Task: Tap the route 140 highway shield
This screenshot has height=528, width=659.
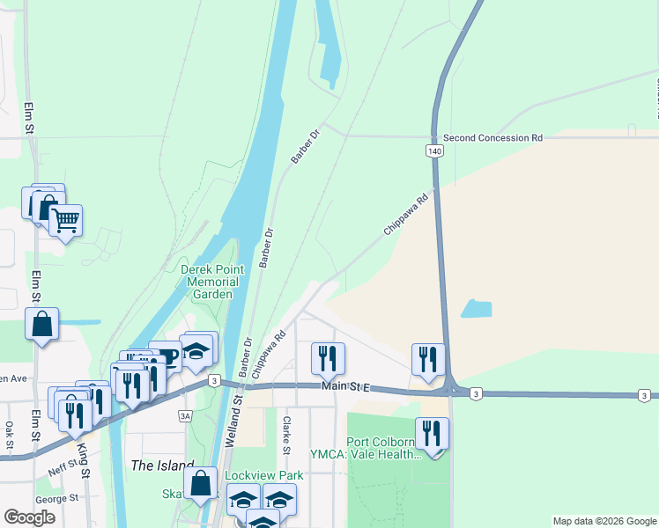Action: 435,151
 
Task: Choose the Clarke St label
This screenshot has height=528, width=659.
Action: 286,431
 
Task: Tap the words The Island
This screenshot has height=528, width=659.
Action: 162,466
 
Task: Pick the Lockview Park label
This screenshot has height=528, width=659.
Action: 264,475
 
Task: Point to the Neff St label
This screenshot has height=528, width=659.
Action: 63,467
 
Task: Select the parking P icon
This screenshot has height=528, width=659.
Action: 167,356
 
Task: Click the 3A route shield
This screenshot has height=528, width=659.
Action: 184,415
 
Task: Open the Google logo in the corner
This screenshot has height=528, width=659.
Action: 30,517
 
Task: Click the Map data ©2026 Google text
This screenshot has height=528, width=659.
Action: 604,521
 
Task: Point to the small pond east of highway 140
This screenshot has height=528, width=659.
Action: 476,309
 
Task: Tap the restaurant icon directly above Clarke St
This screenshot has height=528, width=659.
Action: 328,357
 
